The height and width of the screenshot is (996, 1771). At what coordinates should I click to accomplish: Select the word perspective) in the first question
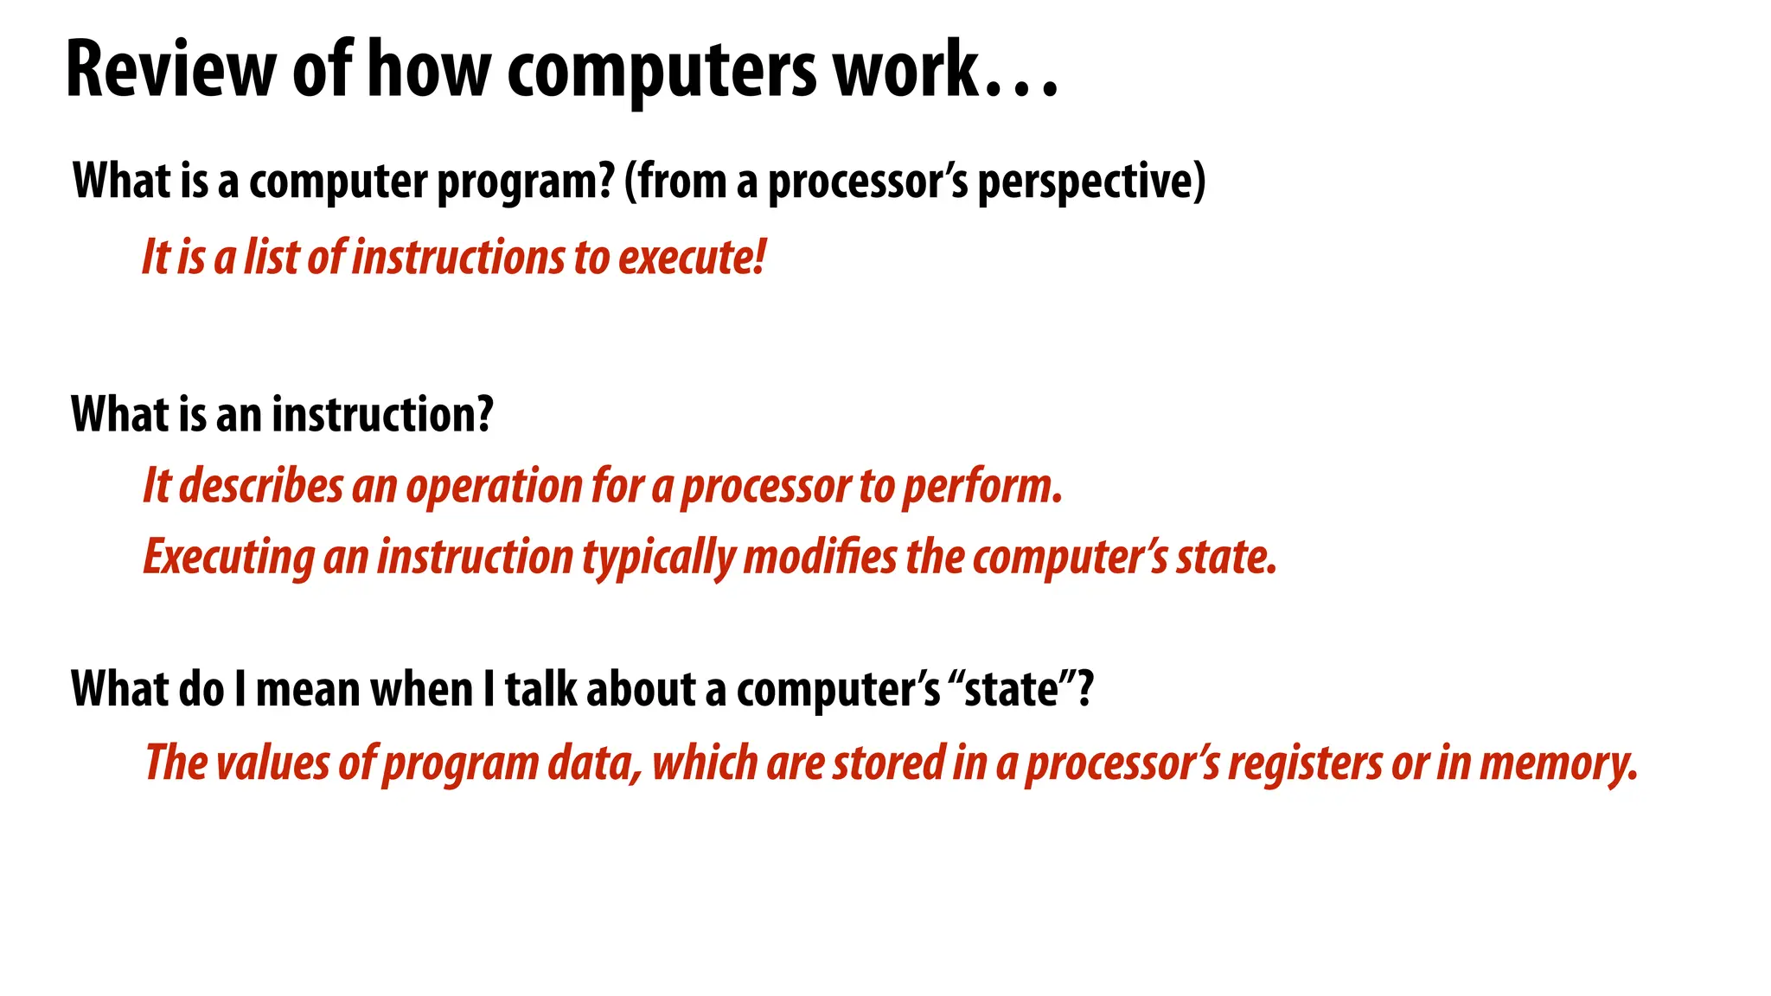pos(1091,182)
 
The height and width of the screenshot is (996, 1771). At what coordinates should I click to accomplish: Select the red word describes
pos(261,486)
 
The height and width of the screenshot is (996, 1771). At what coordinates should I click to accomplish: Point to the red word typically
pos(658,558)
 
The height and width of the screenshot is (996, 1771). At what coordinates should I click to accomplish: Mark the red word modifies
pos(820,557)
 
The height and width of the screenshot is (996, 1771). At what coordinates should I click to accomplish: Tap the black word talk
pos(540,689)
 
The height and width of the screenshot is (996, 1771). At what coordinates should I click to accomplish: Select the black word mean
pos(308,689)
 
